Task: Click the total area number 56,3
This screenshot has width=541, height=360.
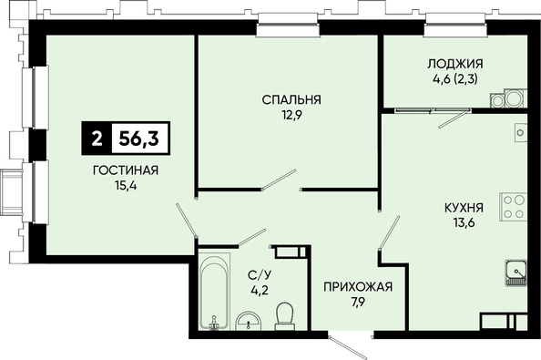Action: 138,139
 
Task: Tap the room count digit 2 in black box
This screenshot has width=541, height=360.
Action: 97,139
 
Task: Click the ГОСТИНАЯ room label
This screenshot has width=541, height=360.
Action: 126,170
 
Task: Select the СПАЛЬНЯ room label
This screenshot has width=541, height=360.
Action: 291,99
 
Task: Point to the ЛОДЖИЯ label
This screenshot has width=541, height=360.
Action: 455,64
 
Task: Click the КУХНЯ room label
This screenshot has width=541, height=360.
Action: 464,208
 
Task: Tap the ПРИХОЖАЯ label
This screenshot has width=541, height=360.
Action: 358,286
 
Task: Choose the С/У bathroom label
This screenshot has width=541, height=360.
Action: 260,274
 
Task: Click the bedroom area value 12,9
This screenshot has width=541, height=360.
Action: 291,115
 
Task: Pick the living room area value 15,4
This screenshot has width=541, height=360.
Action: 126,186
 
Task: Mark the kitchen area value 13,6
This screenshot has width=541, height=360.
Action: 464,222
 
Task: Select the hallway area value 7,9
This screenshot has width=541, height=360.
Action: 359,302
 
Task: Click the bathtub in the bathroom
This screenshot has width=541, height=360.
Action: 214,291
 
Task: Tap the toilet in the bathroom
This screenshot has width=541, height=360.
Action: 285,316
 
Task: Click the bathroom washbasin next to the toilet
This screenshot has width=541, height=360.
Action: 249,321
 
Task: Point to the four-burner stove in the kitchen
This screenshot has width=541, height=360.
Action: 514,206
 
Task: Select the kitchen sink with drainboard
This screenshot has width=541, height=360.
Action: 516,273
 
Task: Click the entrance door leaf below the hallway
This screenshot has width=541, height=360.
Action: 347,346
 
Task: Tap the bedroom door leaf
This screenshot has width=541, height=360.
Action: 279,180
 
